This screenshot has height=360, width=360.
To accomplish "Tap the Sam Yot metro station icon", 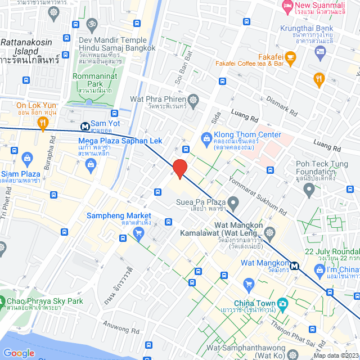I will [x=84, y=127].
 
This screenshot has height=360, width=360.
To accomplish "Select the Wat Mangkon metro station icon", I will [x=294, y=265].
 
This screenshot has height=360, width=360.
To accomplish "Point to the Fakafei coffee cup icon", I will [x=290, y=57].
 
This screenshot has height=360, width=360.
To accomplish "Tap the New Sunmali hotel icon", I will [x=287, y=7].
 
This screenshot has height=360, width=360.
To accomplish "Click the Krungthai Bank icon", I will [x=320, y=52].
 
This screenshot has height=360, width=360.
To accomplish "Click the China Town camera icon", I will [x=282, y=304].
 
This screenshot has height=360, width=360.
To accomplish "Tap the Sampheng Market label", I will [x=119, y=216].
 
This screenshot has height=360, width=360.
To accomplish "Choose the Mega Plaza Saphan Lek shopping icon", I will [x=90, y=164].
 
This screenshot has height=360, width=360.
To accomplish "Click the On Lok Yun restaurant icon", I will [x=43, y=126].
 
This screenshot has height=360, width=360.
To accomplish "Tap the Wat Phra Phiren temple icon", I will [x=194, y=100].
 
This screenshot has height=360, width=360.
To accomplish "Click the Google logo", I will [x=19, y=353].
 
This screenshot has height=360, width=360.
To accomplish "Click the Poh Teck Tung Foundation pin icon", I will [x=308, y=191].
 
